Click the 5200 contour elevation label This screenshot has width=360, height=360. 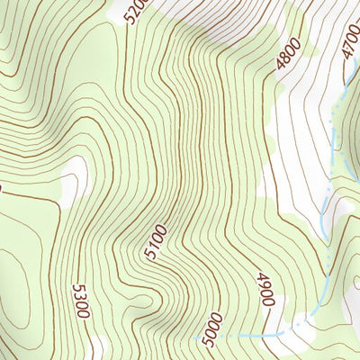pos(136,12)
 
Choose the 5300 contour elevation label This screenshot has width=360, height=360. pos(80,301)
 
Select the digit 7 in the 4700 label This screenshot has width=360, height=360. pos(349,51)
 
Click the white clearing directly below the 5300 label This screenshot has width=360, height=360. pos(96,346)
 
